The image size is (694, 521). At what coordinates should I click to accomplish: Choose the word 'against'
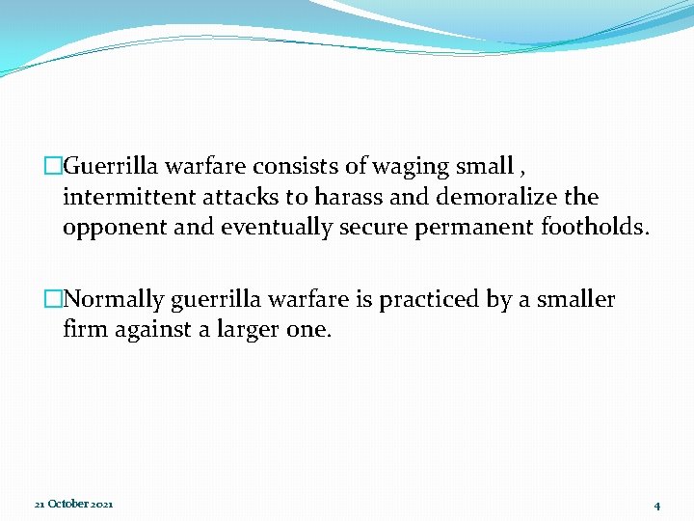point(148,331)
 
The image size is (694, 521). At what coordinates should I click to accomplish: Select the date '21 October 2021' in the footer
point(73,505)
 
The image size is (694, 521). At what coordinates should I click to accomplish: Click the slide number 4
point(656,506)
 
